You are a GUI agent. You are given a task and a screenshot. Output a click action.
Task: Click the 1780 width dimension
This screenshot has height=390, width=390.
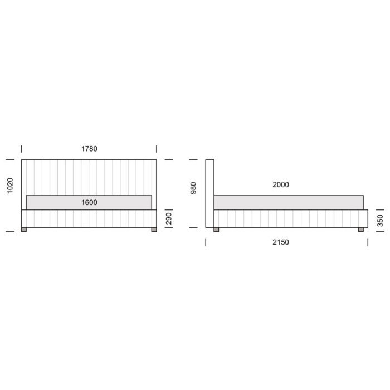89,149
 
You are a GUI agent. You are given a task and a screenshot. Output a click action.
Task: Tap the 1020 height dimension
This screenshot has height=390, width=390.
10,186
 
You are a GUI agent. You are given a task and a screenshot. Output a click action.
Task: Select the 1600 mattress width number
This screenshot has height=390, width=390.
89,202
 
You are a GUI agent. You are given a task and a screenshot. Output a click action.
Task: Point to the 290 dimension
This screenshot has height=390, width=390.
169,218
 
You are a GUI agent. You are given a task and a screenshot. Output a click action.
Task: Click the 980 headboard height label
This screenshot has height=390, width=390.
193,188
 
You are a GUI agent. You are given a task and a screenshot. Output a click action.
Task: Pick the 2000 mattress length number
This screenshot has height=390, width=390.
281,184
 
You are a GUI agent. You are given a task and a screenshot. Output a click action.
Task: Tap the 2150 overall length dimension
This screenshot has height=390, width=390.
281,242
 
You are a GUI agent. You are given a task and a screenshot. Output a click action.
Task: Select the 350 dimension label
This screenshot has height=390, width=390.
381,221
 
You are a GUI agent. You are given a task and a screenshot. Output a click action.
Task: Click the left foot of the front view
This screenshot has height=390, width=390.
24,230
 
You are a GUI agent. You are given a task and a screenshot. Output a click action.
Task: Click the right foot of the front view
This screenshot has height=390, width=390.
154,230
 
